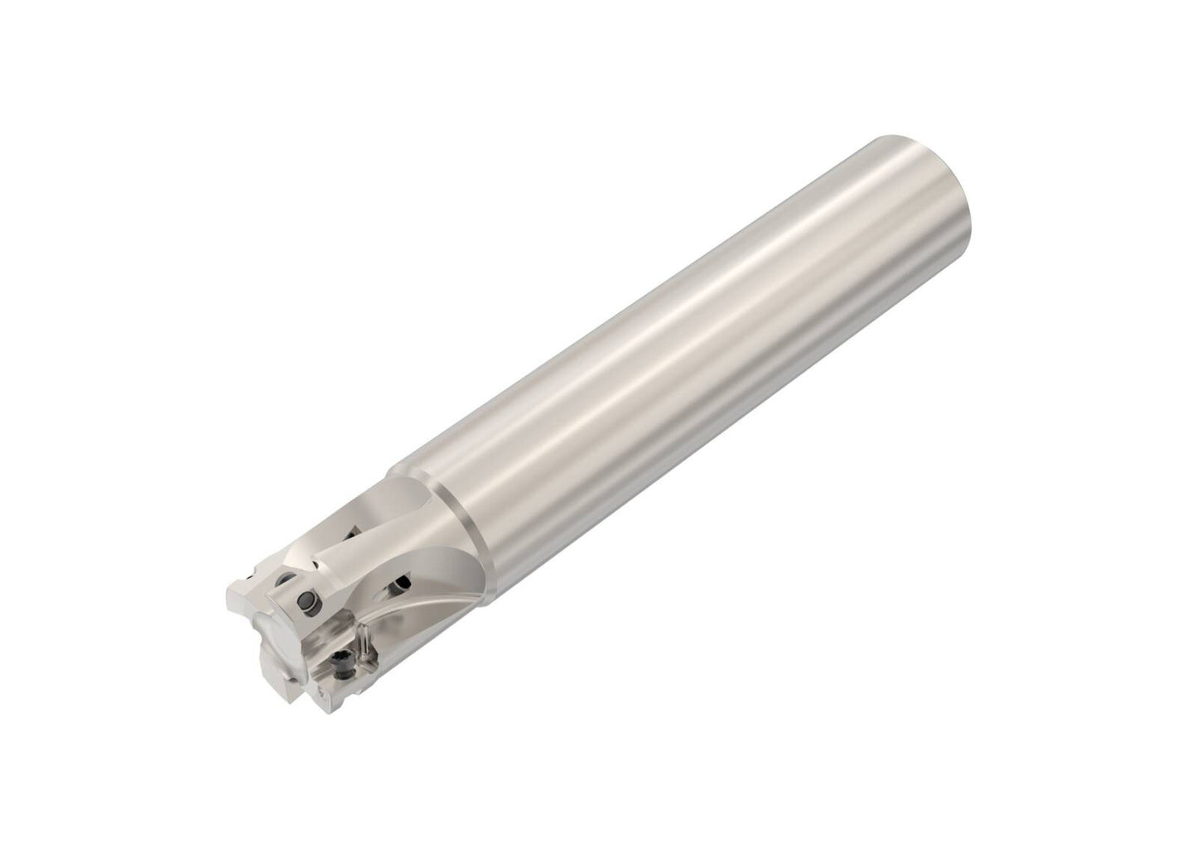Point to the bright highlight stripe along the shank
point(663,331)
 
